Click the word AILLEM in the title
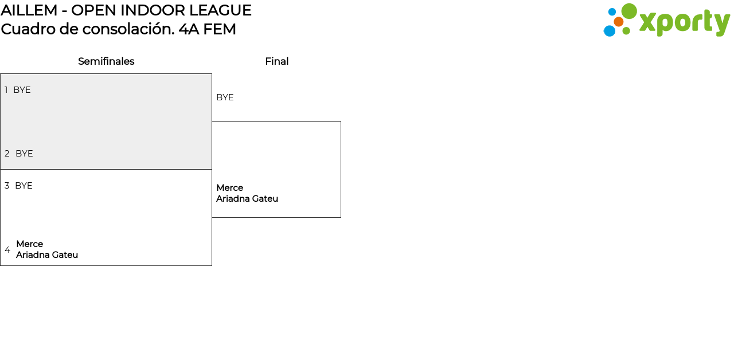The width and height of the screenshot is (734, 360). (29, 10)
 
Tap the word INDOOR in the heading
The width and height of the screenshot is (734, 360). (153, 10)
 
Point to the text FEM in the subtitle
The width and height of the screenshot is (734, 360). (220, 29)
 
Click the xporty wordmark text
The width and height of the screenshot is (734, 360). (684, 22)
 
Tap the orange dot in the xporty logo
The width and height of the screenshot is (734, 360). (618, 22)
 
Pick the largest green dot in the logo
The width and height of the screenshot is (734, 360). (629, 11)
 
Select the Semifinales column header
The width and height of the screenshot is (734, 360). (106, 61)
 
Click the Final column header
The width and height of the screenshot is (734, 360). (276, 61)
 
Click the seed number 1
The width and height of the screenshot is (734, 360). (6, 90)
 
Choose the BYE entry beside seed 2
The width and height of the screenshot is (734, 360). (24, 154)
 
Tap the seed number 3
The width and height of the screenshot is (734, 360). (7, 186)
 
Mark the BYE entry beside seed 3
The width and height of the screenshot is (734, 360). (24, 186)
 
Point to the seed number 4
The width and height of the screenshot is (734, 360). (7, 250)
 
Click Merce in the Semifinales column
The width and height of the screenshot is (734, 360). (29, 244)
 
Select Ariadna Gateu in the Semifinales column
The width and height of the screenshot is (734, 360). (47, 255)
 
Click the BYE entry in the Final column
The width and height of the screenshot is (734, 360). (225, 97)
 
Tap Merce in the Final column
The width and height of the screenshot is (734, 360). (229, 188)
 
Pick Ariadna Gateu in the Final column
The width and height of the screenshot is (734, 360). (247, 199)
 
